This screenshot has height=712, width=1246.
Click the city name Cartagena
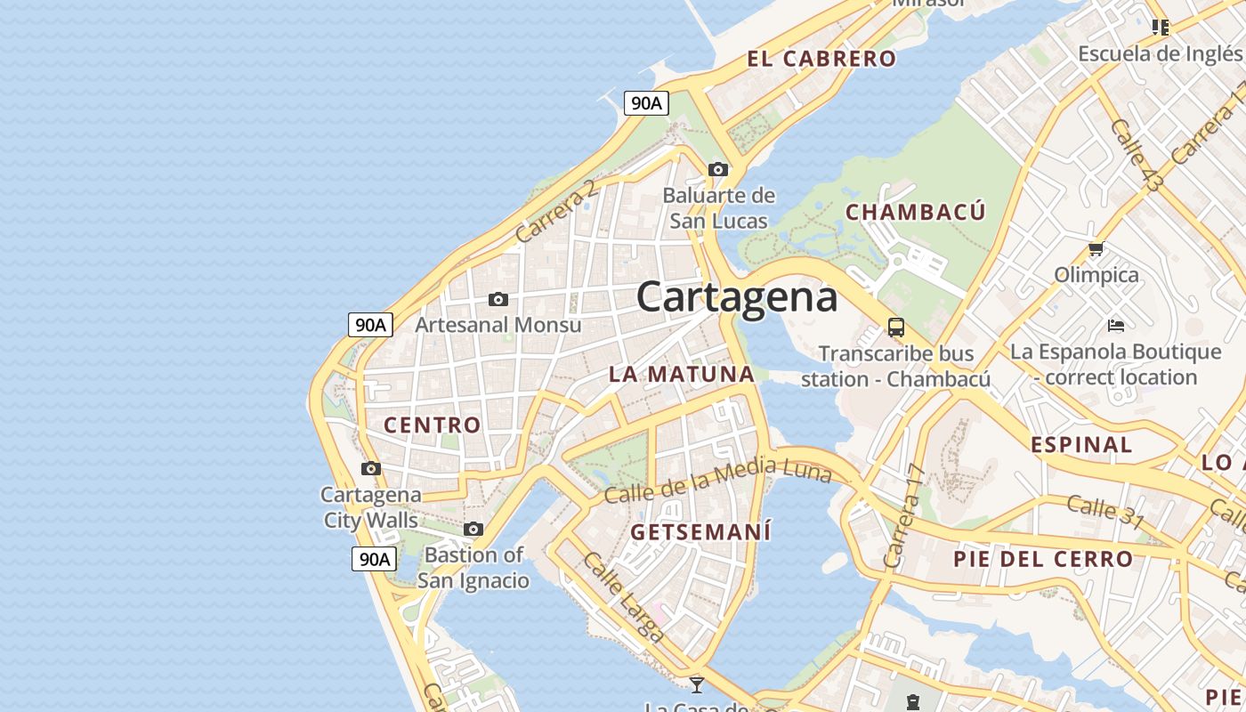click(737, 297)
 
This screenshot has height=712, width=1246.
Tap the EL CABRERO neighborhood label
click(821, 60)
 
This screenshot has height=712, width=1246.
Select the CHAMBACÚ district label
click(915, 212)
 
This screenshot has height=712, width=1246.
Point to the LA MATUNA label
click(682, 375)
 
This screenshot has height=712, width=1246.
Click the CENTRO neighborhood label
click(432, 425)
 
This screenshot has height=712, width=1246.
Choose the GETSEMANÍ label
click(700, 532)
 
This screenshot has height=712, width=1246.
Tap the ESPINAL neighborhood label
click(1081, 445)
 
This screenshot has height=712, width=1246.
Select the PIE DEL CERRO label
click(1043, 560)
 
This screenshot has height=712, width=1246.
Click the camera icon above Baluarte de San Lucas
click(718, 169)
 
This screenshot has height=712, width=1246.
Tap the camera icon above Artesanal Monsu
click(498, 299)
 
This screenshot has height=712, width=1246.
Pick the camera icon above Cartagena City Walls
click(371, 468)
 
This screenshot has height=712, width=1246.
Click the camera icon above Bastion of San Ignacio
click(473, 530)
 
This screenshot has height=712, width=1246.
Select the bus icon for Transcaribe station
click(896, 328)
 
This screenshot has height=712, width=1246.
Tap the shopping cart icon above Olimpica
click(1096, 249)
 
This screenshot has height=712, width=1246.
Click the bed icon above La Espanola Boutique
click(1116, 325)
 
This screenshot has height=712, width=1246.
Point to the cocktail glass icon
click(697, 684)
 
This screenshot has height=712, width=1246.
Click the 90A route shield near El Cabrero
click(645, 103)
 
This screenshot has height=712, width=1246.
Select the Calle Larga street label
click(623, 597)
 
